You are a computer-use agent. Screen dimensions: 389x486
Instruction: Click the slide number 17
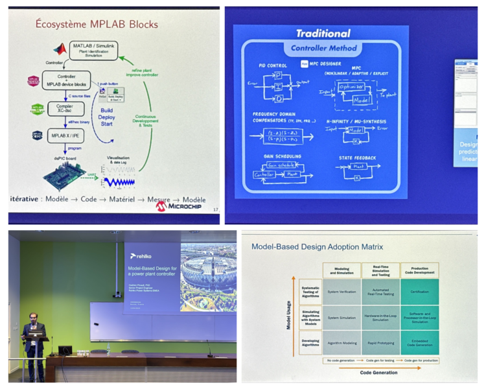[x=214, y=208]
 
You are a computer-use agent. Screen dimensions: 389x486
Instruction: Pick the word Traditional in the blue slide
[x=322, y=33]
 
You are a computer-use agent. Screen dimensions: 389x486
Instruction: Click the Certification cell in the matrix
[x=419, y=292]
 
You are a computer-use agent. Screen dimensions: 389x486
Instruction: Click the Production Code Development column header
[x=419, y=270]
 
